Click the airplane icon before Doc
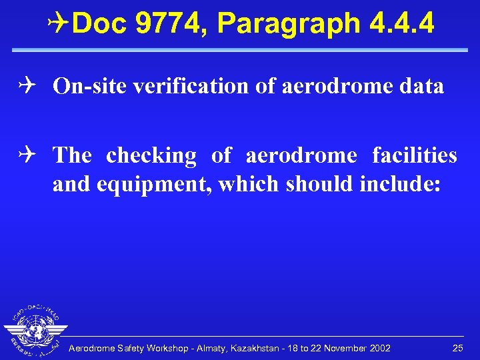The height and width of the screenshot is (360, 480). click(59, 24)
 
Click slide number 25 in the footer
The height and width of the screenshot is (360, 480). click(457, 349)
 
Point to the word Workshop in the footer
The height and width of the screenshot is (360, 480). click(164, 349)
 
